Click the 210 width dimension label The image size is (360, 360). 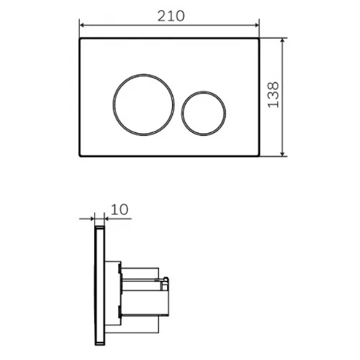click(171, 17)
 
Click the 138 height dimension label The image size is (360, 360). click(274, 95)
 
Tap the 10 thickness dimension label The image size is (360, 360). click(120, 210)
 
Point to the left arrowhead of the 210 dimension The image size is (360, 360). click(82, 25)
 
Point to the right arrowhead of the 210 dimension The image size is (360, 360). click(257, 25)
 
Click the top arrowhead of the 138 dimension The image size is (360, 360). click(282, 41)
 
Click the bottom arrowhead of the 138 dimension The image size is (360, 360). click(282, 153)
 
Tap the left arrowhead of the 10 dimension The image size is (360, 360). click(91, 219)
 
